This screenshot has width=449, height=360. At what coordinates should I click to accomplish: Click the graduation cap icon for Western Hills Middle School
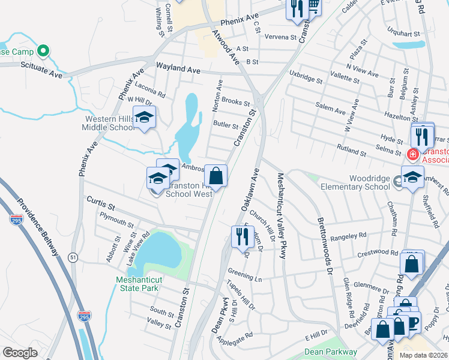point(144,117)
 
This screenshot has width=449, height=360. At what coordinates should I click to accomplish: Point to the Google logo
point(20,352)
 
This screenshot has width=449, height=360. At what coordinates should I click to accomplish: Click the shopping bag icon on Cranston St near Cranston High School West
point(216,176)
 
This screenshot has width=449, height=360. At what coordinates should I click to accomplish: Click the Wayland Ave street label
point(178,69)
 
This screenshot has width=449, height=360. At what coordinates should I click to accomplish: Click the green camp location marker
point(42,51)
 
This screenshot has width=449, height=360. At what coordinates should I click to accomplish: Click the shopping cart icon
point(313,5)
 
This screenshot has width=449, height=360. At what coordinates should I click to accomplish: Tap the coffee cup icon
point(412,322)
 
